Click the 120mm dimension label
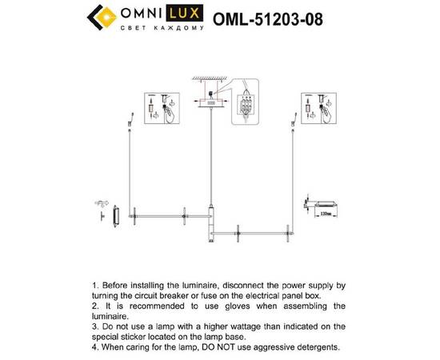point(326,214)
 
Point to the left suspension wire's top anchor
point(130,122)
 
